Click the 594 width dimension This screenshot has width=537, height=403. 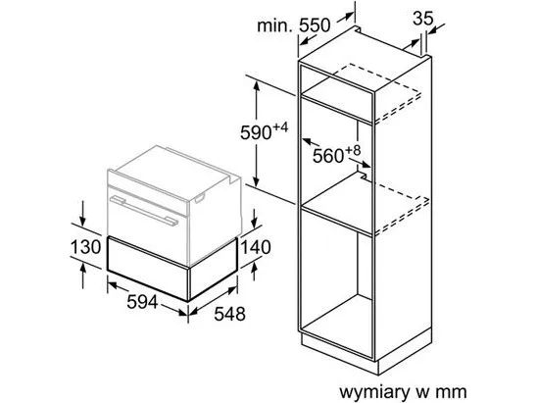click(142, 302)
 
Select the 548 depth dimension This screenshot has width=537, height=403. click(230, 314)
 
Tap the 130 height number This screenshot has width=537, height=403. click(86, 247)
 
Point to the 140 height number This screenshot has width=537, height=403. click(256, 247)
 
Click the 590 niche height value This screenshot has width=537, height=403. click(256, 132)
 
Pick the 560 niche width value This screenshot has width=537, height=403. click(328, 156)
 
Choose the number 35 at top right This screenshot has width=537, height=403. click(423, 19)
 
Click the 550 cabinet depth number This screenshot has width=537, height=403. click(316, 25)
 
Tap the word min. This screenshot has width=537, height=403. click(274, 25)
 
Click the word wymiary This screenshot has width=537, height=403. click(374, 391)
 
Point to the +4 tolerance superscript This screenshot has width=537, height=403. click(280, 127)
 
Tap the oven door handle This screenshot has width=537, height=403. click(144, 210)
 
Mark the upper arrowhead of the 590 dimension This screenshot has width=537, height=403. click(256, 85)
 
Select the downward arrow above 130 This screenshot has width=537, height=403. click(82, 214)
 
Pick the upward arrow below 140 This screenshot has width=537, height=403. click(254, 272)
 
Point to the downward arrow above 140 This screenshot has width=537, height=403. click(254, 219)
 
